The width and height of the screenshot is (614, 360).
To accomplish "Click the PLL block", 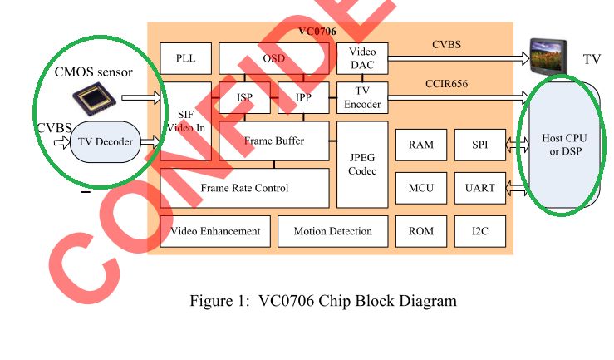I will (x=185, y=59).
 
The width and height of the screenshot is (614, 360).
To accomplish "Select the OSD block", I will (x=273, y=59).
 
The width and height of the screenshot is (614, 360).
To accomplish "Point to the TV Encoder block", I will (x=362, y=97).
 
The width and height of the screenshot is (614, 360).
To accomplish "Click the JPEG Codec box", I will (x=362, y=163).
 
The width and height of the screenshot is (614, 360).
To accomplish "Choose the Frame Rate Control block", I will (x=244, y=188).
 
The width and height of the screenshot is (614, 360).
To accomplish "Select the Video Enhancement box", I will (x=215, y=231).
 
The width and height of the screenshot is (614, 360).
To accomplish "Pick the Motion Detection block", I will (x=332, y=231).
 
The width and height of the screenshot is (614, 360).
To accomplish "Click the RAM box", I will (x=420, y=145).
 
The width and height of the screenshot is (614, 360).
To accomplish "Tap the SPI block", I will (x=480, y=145).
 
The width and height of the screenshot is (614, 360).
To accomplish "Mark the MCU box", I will (x=420, y=188).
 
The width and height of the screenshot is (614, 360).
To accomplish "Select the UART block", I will (x=480, y=188).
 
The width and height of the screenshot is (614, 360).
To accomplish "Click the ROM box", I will (x=420, y=231).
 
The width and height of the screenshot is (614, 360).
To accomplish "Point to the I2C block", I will (x=480, y=231).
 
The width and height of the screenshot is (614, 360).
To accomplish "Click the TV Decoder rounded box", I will (x=106, y=142).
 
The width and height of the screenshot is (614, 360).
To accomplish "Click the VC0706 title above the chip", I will (x=317, y=31).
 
